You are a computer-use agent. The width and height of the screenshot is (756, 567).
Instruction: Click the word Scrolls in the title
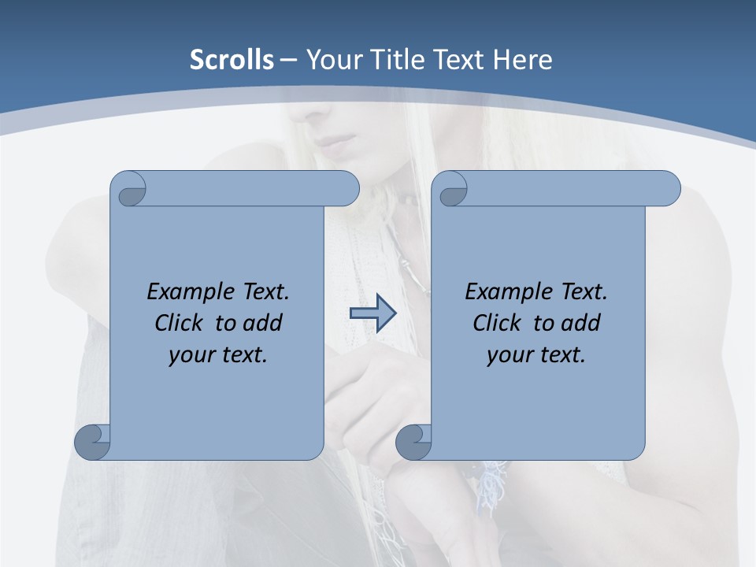coord(232,60)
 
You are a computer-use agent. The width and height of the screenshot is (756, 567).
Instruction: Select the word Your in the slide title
coord(332,60)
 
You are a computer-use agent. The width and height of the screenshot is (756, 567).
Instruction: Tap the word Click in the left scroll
coord(182,323)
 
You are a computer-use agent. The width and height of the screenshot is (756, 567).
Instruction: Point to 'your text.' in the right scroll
coord(536,354)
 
